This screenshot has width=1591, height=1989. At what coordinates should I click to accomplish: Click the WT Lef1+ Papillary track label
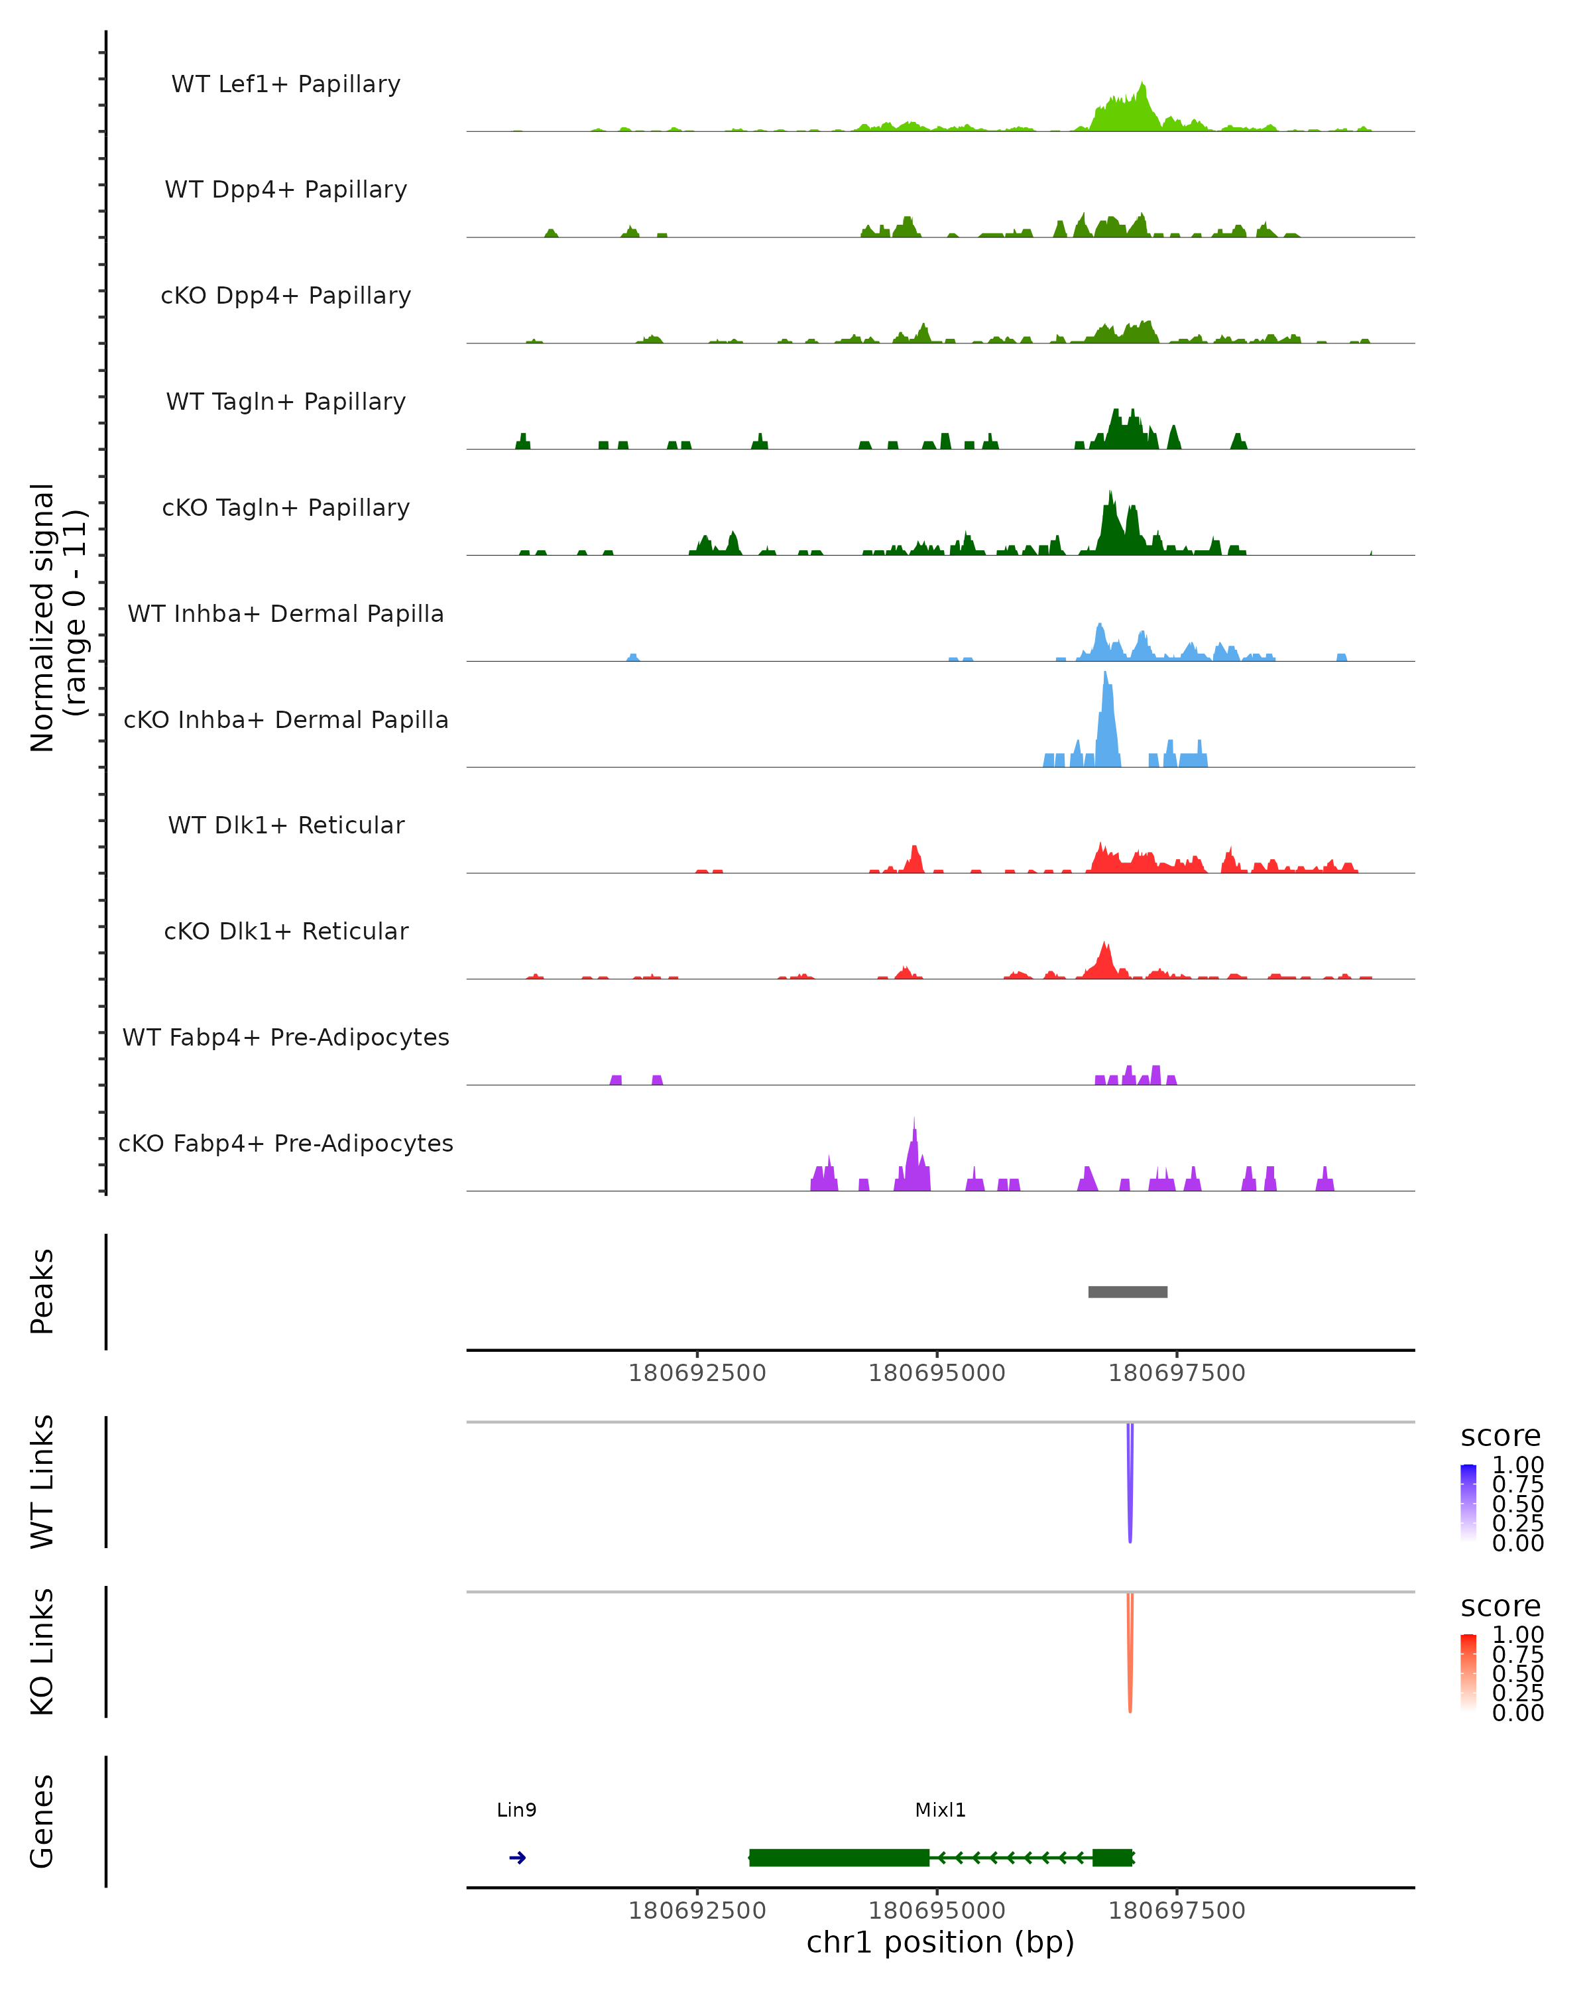286,84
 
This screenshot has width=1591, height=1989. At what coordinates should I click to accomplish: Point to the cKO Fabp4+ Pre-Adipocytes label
286,1143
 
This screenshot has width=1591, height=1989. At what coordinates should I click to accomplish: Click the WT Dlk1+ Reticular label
286,825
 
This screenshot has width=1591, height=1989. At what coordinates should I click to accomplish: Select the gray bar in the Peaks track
1127,1292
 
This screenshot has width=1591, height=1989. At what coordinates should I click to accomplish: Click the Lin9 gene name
516,1810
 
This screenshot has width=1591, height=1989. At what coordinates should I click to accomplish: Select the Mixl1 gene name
940,1810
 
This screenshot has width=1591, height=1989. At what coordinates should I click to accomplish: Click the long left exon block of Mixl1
839,1858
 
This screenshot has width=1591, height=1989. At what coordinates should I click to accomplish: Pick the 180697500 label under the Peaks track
1176,1373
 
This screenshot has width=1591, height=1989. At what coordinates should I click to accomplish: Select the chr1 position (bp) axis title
940,1942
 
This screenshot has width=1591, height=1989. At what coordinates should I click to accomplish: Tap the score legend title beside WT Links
1500,1435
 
